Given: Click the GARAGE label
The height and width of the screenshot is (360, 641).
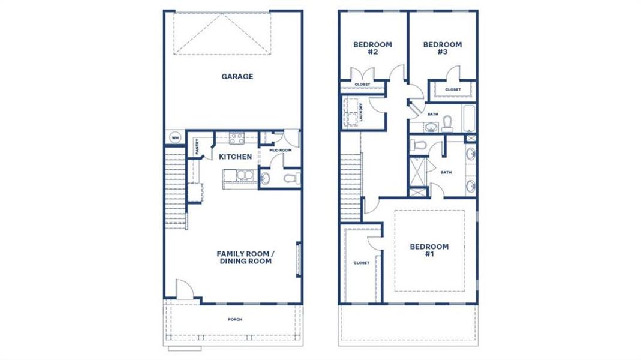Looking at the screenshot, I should click(x=237, y=76).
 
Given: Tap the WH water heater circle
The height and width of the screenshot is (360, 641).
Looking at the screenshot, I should click(x=175, y=138).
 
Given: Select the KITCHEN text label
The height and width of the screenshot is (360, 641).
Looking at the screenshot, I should click(x=235, y=157).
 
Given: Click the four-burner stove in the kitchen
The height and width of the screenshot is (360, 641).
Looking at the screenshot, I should click(x=237, y=138).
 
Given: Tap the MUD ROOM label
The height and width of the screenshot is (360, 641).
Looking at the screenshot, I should click(x=281, y=150).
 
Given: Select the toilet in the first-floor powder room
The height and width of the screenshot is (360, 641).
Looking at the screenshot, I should click(x=290, y=178).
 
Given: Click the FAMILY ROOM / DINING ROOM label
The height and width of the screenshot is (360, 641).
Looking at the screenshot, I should click(x=245, y=257).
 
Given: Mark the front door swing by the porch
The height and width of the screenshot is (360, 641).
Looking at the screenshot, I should click(x=185, y=290).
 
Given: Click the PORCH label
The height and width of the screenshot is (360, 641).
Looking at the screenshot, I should click(x=235, y=319).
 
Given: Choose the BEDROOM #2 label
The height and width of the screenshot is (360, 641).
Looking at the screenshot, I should click(x=372, y=48).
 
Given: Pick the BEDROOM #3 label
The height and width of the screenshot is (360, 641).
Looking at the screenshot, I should click(x=443, y=48).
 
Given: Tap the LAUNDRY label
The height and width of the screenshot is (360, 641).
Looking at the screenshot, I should click(x=361, y=112).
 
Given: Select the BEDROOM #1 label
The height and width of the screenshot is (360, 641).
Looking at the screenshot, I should click(x=429, y=250).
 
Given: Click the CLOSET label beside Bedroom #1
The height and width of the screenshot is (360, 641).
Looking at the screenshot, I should click(x=361, y=263).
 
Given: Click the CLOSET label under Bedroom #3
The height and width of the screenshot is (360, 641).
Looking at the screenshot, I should click(x=453, y=89).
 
